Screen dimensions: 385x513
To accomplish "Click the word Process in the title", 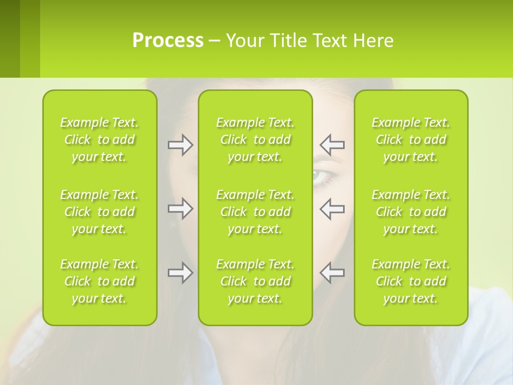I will [168, 41].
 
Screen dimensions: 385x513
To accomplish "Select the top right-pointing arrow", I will [180, 145].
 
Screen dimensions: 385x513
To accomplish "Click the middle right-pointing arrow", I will [180, 209].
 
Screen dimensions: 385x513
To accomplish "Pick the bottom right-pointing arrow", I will [180, 273].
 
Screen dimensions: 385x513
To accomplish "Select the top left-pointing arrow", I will [332, 145].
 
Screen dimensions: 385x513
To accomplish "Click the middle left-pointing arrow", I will [332, 209].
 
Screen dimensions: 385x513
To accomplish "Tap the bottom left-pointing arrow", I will [332, 273].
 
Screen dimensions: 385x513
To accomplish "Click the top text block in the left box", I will [99, 140].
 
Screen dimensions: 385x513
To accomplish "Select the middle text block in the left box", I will [99, 212].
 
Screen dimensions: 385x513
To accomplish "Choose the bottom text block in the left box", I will [99, 281].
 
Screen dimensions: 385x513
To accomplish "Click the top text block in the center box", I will [255, 140].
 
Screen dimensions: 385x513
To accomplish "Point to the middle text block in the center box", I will [255, 212].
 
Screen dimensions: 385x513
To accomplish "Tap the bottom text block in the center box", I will [255, 281].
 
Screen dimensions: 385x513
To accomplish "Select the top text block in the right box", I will [410, 140].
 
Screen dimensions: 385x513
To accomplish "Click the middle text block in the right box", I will [410, 212].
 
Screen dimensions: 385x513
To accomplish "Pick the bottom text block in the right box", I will [410, 281].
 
